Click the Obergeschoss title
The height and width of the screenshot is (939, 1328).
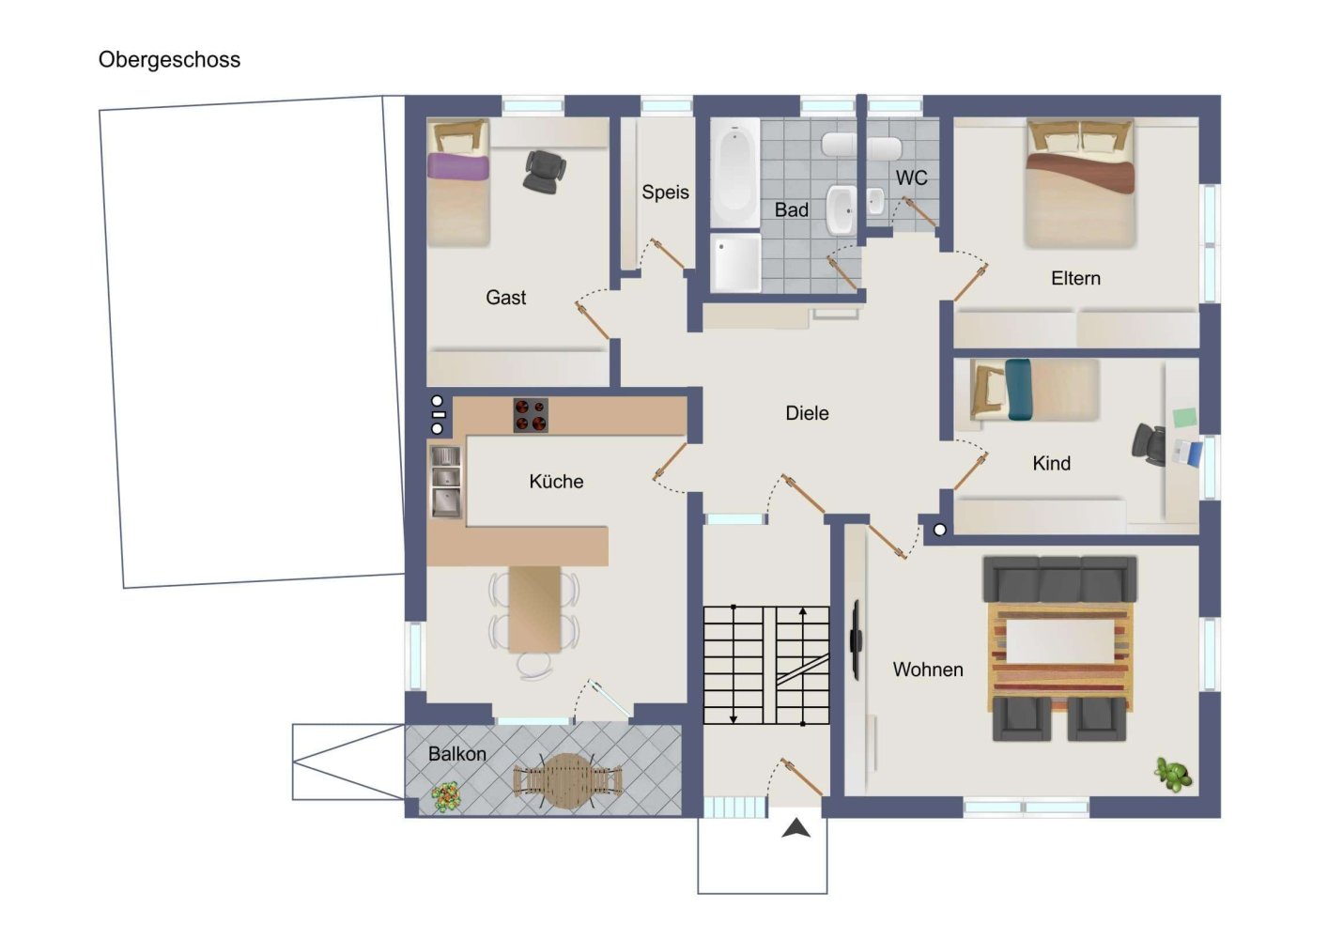pos(170,60)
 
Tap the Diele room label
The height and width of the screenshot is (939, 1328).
pos(807,413)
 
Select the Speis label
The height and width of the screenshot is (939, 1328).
pos(665,192)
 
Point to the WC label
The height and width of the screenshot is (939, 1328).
pos(911,177)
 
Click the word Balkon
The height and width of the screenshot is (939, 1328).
pos(457,754)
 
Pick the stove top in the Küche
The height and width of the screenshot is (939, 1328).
pos(531,415)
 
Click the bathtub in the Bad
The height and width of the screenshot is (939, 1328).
pos(735,173)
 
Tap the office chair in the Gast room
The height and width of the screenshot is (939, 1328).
pos(544,171)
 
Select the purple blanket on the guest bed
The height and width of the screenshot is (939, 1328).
pos(458,166)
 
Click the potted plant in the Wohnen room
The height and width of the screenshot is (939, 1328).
pos(1173,774)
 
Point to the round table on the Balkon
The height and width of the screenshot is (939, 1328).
pos(568,780)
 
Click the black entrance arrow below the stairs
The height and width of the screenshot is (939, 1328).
pos(795,827)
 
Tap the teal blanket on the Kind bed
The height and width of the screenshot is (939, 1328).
pos(1018,390)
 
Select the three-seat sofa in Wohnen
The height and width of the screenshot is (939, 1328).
pos(1060,579)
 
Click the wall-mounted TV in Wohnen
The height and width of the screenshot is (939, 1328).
pos(856,639)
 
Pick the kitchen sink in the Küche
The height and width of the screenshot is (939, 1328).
pos(445,482)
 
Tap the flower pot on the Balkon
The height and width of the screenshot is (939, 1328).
pos(446,796)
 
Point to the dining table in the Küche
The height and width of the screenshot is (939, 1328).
pos(534,609)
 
